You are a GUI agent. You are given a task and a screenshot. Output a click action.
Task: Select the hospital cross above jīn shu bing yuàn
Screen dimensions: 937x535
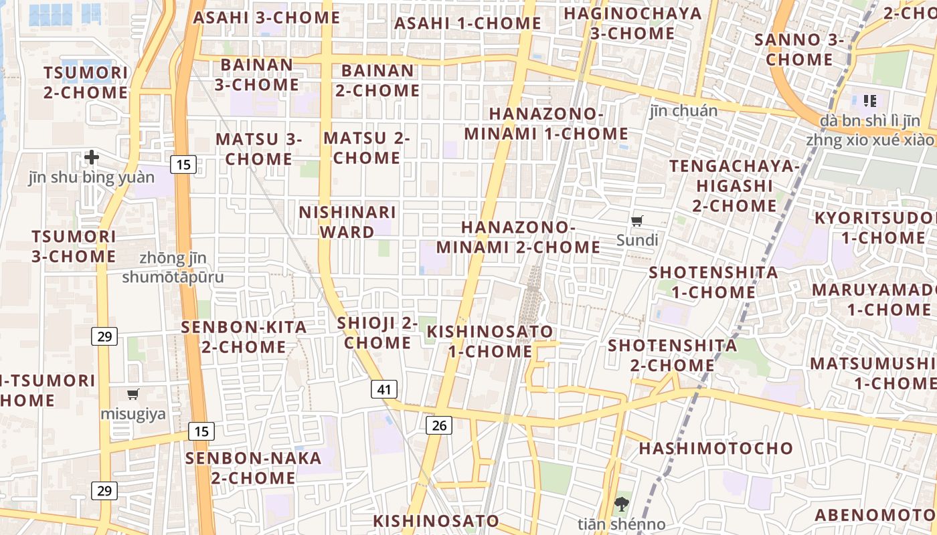92,158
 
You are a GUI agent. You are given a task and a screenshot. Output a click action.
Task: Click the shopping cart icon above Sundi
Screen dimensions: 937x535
637,221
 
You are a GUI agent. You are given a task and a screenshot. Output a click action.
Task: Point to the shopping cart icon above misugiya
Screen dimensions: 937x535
133,394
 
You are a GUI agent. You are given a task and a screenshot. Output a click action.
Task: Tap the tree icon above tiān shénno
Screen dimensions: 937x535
622,504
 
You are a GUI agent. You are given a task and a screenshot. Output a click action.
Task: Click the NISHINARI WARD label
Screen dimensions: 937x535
347,222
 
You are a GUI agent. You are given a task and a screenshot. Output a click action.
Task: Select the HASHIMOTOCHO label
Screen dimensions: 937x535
715,448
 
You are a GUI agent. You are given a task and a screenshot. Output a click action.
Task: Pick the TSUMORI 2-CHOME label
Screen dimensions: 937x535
86,82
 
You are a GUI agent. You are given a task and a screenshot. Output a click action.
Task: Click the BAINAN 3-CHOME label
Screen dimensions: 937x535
256,75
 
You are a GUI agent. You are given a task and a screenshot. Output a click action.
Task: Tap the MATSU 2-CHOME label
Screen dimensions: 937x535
367,148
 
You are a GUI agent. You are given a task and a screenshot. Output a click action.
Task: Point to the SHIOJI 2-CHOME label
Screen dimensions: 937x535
377,333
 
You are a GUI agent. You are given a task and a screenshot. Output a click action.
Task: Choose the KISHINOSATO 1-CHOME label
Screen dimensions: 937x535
490,341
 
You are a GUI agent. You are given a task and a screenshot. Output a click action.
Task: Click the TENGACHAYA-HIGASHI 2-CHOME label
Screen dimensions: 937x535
734,185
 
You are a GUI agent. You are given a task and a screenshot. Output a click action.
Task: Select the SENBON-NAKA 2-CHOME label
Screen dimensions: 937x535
254,468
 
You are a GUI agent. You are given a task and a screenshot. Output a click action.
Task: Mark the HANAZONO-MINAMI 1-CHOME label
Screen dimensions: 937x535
546,124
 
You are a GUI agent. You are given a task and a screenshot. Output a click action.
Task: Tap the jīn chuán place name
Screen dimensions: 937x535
683,111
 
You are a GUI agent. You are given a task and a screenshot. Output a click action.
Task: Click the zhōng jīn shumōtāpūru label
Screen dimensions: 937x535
173,267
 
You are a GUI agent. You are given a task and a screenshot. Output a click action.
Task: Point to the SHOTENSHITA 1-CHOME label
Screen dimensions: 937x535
713,282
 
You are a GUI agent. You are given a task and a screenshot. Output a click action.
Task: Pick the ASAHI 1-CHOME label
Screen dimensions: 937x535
467,23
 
